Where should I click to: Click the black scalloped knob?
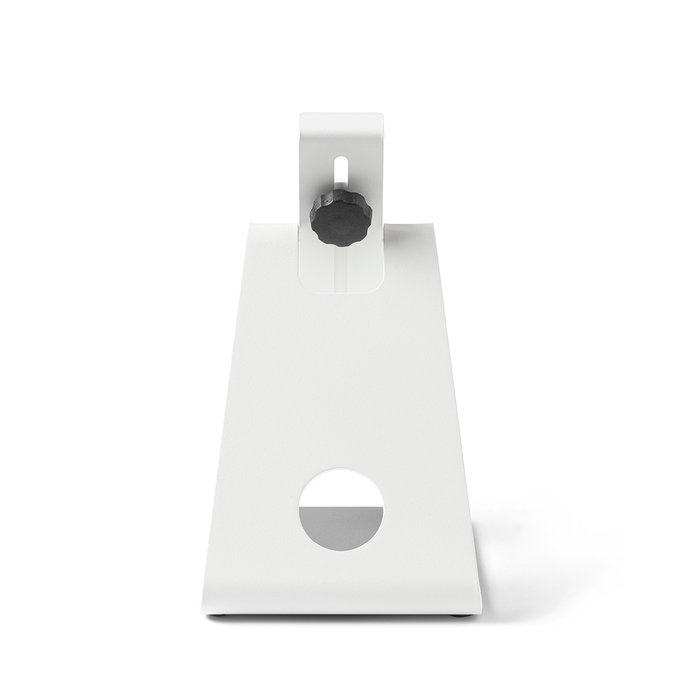click(340, 218)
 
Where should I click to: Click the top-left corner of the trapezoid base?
click(247, 222)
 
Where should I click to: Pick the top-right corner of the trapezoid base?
click(434, 222)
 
